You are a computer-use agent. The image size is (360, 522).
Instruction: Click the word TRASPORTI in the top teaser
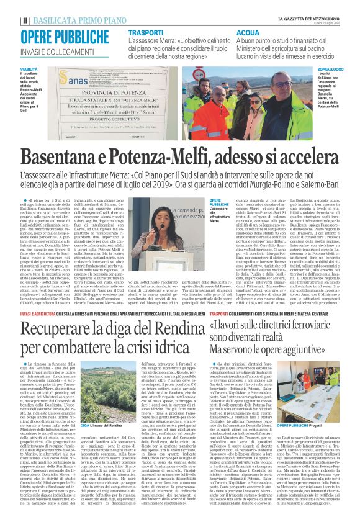point(146,31)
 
